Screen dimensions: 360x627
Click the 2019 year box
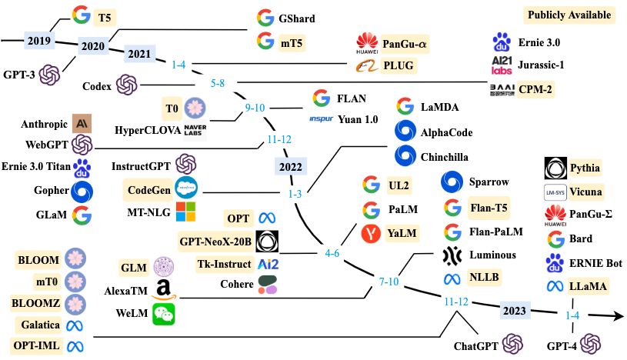(x=38, y=40)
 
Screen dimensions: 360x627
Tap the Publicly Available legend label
(x=569, y=15)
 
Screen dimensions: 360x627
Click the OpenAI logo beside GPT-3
(x=50, y=75)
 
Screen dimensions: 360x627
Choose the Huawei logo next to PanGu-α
(x=366, y=43)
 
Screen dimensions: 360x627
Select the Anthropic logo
(x=82, y=122)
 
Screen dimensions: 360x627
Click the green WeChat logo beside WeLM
(x=163, y=313)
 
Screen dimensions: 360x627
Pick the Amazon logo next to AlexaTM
(x=163, y=291)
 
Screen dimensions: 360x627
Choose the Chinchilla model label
(x=444, y=157)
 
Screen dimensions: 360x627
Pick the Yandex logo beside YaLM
(x=372, y=232)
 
